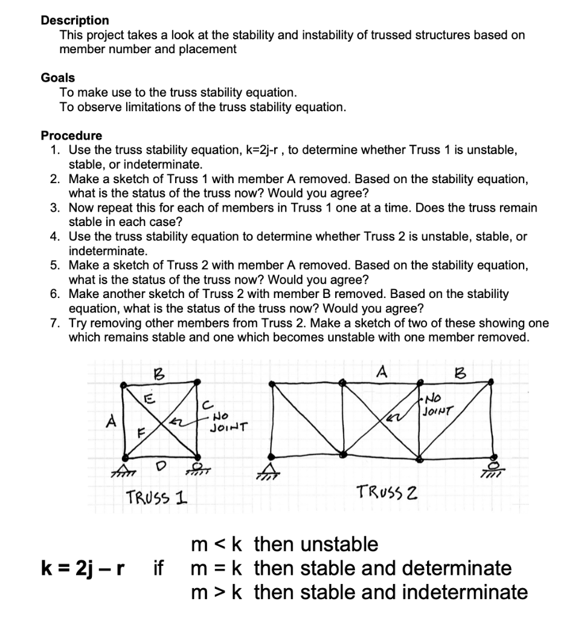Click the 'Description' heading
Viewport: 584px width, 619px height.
point(75,20)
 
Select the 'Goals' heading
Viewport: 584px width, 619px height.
point(58,77)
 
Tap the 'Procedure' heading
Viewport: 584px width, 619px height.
point(71,135)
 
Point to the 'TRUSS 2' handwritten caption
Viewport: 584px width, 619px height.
point(387,490)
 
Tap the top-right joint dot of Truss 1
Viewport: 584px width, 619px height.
point(197,381)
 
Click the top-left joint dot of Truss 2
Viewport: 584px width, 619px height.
point(271,382)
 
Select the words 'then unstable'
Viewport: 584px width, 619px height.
point(316,544)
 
